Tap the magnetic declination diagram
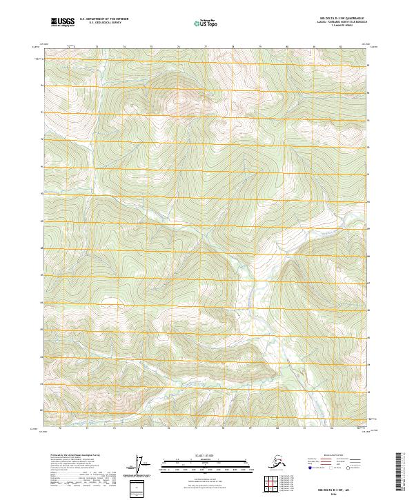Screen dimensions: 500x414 tap(144, 466)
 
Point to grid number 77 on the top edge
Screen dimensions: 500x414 tap(206, 47)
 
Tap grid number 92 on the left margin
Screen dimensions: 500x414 tap(41, 139)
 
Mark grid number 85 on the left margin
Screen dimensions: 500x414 tap(41, 329)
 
